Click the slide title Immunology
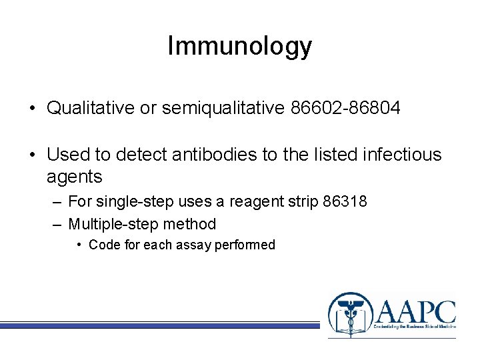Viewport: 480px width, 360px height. (239, 46)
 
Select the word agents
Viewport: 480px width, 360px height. (74, 177)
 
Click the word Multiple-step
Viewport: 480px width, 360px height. (109, 224)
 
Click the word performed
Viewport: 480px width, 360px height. (245, 245)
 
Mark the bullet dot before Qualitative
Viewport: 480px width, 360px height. (33, 109)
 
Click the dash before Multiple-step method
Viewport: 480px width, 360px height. (58, 224)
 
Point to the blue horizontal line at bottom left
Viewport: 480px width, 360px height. (160, 325)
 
